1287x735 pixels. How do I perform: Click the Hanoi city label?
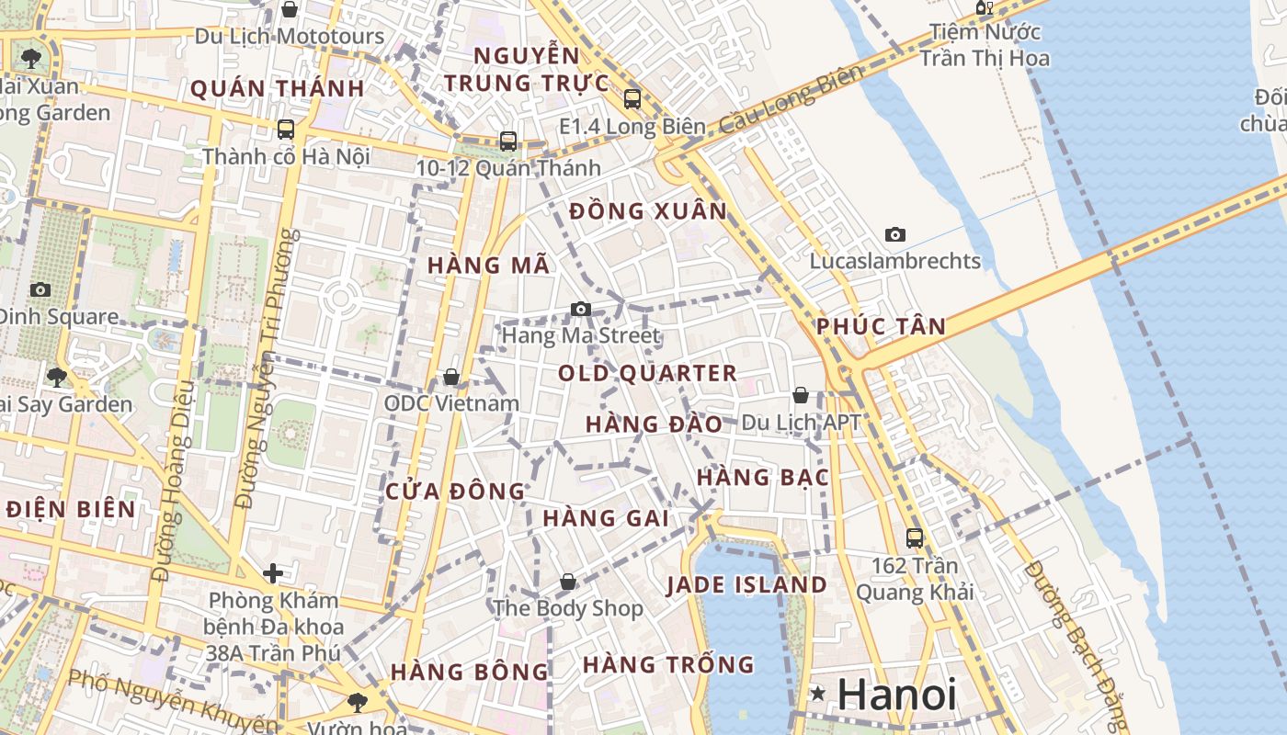point(896,695)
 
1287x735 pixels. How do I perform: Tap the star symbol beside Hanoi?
point(816,695)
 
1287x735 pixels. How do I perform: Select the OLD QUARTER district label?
point(647,373)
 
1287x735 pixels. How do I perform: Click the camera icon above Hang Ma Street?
point(580,309)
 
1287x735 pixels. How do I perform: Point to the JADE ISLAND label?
point(746,585)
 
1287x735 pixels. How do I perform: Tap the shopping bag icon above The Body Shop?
point(568,582)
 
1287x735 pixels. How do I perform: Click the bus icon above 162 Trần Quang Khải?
point(914,538)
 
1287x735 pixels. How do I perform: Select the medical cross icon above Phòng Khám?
point(273,573)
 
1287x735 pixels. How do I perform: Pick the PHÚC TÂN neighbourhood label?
point(881,326)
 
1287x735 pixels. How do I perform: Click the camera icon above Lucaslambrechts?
point(894,234)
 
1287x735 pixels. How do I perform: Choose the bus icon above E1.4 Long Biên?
point(632,99)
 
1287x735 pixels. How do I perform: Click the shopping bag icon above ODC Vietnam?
point(451,377)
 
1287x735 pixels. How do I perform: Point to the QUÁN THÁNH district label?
point(278,89)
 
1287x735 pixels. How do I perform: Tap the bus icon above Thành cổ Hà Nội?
point(286,130)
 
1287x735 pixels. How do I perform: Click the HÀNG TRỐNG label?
point(668,664)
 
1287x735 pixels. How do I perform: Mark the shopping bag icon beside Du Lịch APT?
point(801,395)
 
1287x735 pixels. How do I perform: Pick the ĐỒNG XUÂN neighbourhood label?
point(648,211)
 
